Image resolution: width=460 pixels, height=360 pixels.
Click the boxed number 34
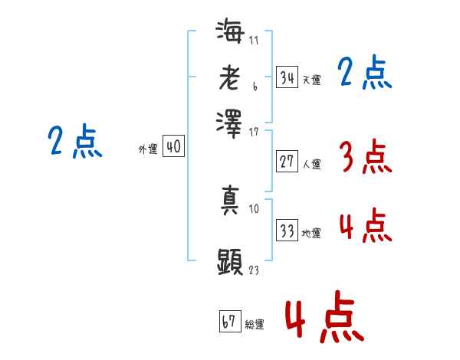pos(287,77)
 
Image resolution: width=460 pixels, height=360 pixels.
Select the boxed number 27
pos(287,162)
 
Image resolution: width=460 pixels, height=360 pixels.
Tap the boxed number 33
pos(287,231)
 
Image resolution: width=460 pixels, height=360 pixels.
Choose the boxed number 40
pos(173,147)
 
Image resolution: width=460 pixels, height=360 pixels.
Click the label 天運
pos(311,80)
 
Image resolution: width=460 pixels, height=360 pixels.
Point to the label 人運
pos(311,164)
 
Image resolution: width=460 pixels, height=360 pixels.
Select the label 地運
pos(311,233)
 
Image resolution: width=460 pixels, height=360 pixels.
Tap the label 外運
pos(147,150)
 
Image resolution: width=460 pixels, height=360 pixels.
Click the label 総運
pos(255,324)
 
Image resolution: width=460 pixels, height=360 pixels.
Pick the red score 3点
pos(365,158)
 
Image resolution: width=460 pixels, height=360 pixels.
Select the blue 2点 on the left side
pos(74,142)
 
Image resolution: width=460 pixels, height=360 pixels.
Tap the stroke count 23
pos(255,270)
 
